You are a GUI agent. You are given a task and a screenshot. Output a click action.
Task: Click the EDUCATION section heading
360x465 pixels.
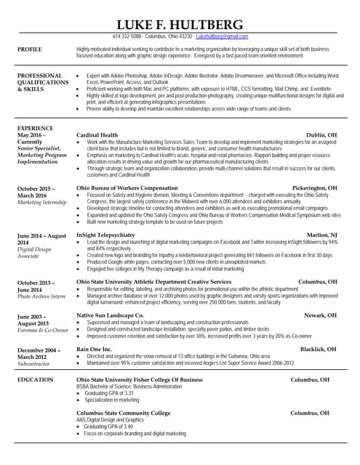(36, 379)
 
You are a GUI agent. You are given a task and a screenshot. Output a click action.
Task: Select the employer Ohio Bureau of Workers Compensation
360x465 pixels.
(127, 187)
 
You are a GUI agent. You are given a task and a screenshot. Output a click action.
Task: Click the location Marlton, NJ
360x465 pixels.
(321, 235)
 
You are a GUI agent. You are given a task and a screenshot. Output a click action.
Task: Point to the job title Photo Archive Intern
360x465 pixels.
(41, 296)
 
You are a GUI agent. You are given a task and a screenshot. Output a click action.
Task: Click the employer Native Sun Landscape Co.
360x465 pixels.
(110, 315)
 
